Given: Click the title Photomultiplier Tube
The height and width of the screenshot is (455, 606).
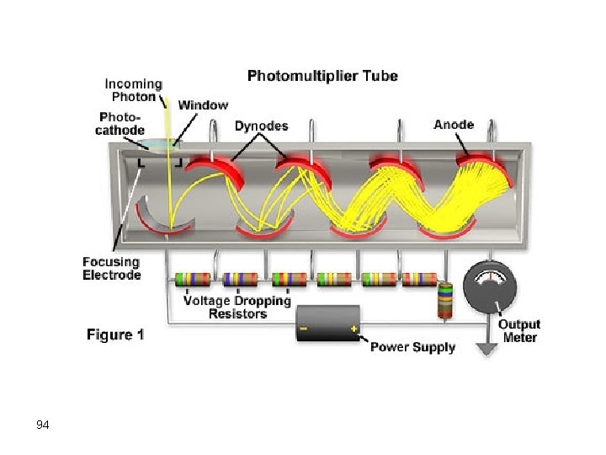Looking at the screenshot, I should [322, 76].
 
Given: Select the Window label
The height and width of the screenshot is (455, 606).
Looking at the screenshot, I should [203, 105].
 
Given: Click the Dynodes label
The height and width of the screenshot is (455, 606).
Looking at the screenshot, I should [261, 126].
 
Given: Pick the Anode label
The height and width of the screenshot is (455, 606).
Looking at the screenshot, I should [454, 125].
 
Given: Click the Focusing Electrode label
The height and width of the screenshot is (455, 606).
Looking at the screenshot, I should [112, 268].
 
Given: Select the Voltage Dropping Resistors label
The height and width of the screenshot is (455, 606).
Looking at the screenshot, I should [237, 307].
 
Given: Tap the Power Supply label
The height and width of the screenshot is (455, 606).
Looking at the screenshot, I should [412, 346].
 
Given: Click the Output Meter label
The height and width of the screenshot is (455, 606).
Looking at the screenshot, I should [519, 330].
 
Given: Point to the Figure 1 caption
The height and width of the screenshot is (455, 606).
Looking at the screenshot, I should [115, 335].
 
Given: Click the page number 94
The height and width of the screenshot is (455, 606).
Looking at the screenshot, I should [43, 425].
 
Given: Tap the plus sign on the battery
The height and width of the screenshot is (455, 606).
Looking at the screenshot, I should [354, 329].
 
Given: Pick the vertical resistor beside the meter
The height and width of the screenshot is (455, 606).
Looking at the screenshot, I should [444, 300].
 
